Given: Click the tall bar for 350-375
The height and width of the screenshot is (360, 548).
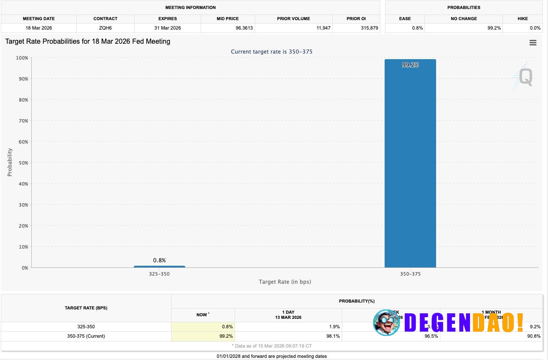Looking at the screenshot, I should [410, 163].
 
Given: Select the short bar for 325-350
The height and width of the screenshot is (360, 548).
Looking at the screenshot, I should [159, 267].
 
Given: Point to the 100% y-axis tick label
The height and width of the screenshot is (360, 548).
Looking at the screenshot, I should [21, 58].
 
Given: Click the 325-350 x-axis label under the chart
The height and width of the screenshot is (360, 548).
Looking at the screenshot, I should [159, 274].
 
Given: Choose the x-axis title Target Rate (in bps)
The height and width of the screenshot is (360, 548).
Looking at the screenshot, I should [285, 282].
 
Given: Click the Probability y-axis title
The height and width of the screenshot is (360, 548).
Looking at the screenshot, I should [10, 162].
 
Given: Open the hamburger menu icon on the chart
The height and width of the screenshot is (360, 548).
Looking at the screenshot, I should [533, 43].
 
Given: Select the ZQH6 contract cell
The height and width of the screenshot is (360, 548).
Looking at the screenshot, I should [105, 28].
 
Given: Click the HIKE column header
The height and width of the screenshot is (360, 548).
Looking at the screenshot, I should [522, 18].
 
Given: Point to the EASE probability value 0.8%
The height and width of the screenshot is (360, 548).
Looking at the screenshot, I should [418, 28].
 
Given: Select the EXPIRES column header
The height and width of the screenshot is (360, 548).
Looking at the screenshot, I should [167, 18].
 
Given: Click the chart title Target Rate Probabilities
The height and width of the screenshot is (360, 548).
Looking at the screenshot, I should [87, 42].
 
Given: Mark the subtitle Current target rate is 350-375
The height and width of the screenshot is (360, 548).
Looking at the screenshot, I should [271, 52].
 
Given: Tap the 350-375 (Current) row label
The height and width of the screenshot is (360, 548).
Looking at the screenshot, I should [86, 336].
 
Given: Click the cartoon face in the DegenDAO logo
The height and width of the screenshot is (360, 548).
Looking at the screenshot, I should [386, 322].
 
